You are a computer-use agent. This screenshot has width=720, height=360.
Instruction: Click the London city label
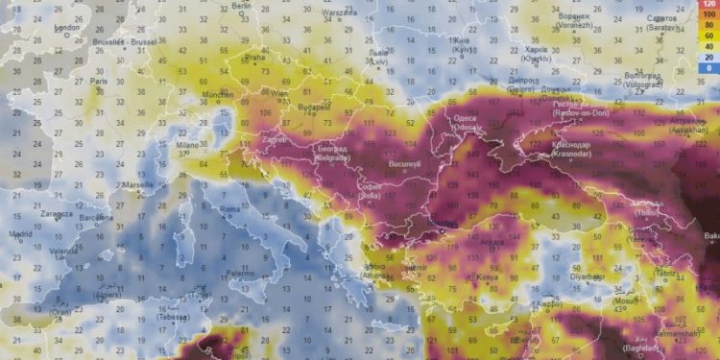(x=66, y=28)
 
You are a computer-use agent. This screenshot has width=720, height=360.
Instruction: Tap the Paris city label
(x=98, y=82)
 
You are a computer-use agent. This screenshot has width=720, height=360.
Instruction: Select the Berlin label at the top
(x=241, y=6)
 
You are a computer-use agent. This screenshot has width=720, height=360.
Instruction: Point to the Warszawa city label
(x=339, y=13)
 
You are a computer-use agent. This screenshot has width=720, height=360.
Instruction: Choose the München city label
(x=218, y=95)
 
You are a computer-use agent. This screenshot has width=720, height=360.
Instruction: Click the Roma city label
(x=230, y=208)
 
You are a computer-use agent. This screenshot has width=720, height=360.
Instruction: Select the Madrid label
(x=19, y=233)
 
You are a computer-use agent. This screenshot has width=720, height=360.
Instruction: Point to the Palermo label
(x=241, y=274)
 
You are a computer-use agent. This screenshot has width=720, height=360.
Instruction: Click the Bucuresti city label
(x=405, y=164)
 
